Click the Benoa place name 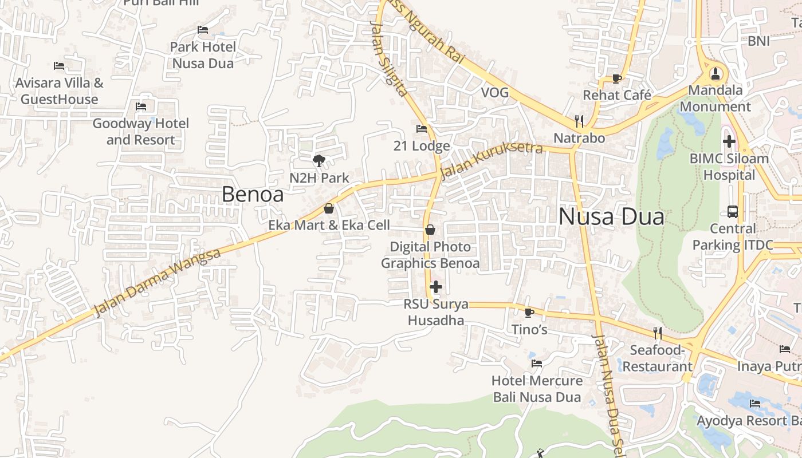(x=253, y=195)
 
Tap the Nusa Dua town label (x=611, y=217)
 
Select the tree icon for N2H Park (x=319, y=161)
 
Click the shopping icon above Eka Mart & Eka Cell (x=329, y=208)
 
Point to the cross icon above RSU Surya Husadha (x=436, y=286)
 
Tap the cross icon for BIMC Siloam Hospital (x=729, y=141)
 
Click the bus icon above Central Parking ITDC (x=732, y=211)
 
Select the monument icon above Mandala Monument (x=715, y=73)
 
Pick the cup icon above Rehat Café (x=617, y=78)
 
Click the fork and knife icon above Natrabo (x=579, y=121)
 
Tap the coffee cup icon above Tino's (x=529, y=313)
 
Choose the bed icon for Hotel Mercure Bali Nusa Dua (x=537, y=363)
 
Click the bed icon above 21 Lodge (x=422, y=129)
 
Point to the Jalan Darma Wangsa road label (x=157, y=282)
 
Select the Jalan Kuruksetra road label (x=492, y=160)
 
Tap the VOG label (x=494, y=93)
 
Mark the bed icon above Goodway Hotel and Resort (x=141, y=106)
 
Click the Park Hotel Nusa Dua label (x=203, y=55)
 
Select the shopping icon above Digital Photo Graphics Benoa (x=430, y=230)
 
